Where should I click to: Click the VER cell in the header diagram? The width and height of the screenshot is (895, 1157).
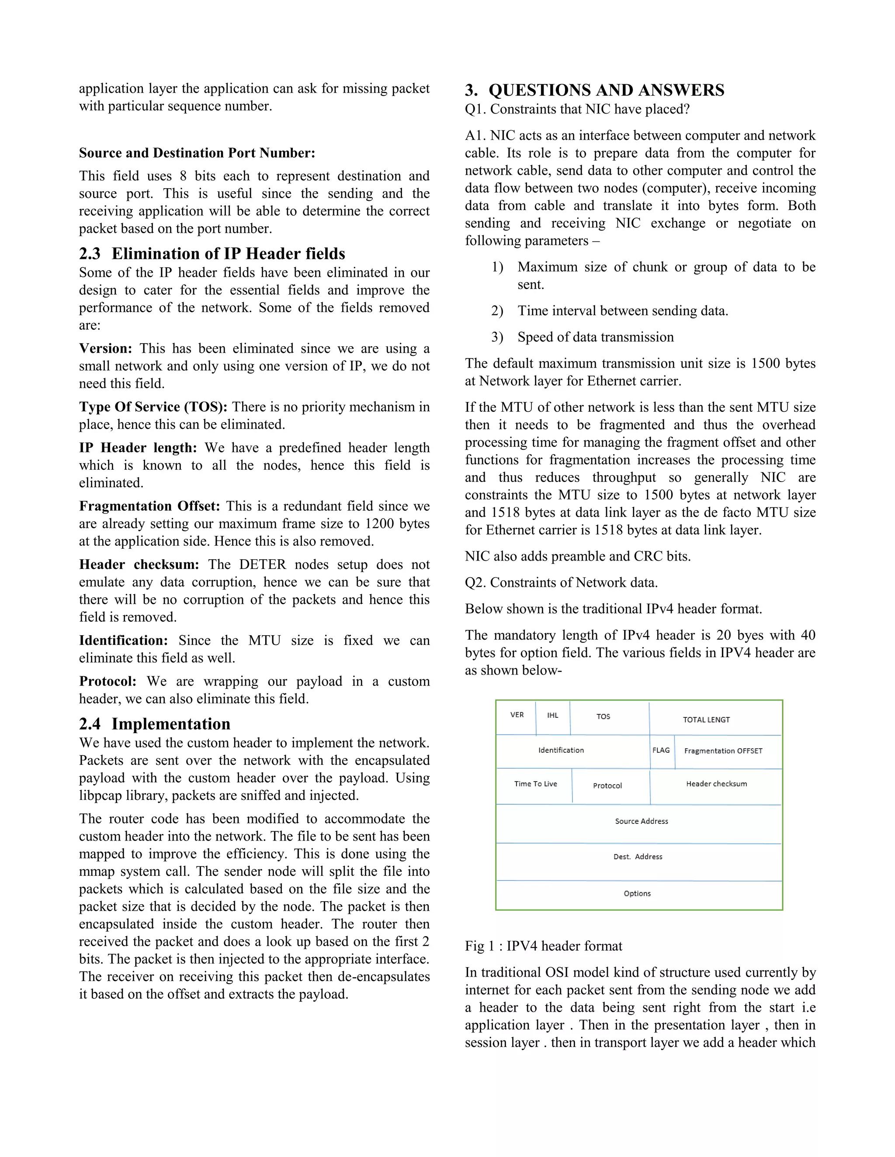point(516,716)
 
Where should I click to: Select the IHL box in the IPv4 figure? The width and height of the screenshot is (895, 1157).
point(552,716)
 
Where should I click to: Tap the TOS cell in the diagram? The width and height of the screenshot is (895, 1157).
point(604,717)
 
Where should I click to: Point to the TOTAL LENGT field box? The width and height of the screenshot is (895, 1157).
point(706,720)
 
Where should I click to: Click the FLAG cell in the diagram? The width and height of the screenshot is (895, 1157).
point(661,751)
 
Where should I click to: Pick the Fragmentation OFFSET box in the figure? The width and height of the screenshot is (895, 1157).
point(723,751)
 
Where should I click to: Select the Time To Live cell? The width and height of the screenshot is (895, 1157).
point(535,785)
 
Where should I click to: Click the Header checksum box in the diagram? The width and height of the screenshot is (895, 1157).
point(716,785)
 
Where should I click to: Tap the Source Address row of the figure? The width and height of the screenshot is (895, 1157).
point(641,822)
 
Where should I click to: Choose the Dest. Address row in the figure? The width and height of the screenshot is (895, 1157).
point(638,857)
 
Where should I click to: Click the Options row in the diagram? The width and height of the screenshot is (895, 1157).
point(637,894)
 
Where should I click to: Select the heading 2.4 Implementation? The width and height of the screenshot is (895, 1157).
point(155,724)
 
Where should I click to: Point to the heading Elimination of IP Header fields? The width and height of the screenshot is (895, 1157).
point(212,254)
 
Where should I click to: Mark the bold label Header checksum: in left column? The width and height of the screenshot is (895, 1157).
point(139,565)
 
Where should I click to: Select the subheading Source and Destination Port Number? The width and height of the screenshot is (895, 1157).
point(197,153)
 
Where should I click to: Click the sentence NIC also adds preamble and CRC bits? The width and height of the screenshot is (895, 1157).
point(577,556)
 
